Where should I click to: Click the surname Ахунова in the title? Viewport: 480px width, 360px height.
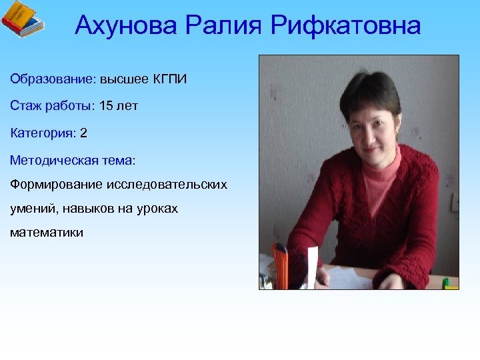point(127,26)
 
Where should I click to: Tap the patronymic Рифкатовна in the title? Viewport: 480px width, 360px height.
point(345,26)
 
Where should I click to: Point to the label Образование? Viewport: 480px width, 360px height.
point(53,80)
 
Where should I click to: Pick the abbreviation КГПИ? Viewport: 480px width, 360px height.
point(170,80)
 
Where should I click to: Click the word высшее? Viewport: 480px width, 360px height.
point(125,80)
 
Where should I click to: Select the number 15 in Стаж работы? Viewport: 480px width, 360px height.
point(106,106)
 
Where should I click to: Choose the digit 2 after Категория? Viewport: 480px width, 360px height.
point(83,133)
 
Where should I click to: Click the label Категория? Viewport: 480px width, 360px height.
point(43,133)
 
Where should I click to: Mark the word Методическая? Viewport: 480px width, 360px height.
point(55,160)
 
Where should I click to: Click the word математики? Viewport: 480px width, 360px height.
point(47,233)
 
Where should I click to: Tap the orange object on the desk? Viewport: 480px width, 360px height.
point(281,267)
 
